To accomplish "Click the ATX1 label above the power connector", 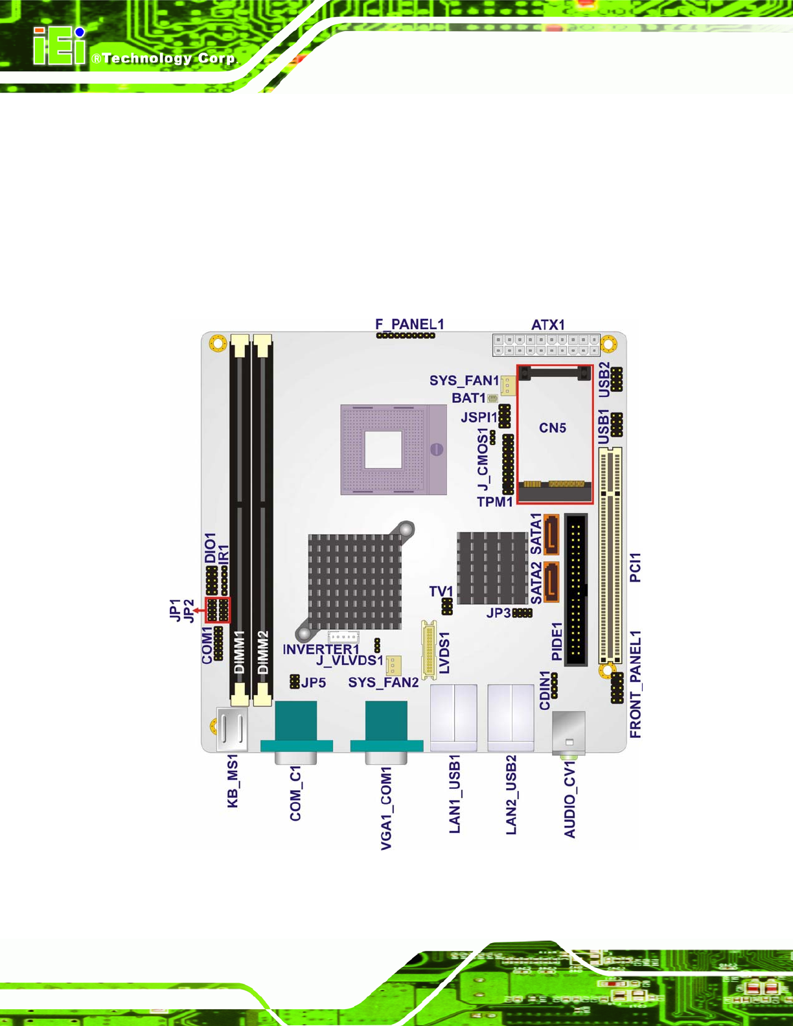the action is pyautogui.click(x=548, y=325).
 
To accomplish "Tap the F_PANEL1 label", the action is pyautogui.click(x=409, y=325).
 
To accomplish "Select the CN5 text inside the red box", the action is pyautogui.click(x=553, y=427).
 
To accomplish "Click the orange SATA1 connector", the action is pyautogui.click(x=551, y=534).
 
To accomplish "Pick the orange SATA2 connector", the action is pyautogui.click(x=551, y=582).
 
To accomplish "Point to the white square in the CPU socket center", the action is pyautogui.click(x=384, y=449).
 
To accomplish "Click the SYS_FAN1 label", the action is pyautogui.click(x=465, y=380).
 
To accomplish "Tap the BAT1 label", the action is pyautogui.click(x=468, y=398).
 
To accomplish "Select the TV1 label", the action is pyautogui.click(x=441, y=591).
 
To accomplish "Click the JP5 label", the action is pyautogui.click(x=314, y=682).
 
